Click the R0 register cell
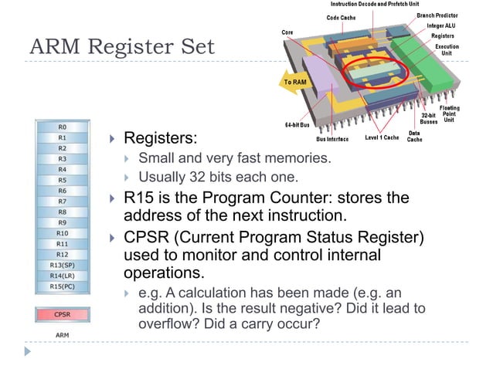point(62,126)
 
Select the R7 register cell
point(62,201)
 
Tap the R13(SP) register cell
point(62,265)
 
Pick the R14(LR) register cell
point(62,276)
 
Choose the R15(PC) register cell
point(62,286)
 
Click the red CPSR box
point(62,314)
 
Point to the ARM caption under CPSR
point(62,335)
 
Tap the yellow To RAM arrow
point(293,81)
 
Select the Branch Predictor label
point(438,15)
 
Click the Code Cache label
point(342,18)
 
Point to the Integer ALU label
point(441,25)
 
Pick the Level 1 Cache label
point(382,138)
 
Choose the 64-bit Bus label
point(297,124)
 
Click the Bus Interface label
point(332,139)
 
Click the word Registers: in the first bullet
point(161,139)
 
